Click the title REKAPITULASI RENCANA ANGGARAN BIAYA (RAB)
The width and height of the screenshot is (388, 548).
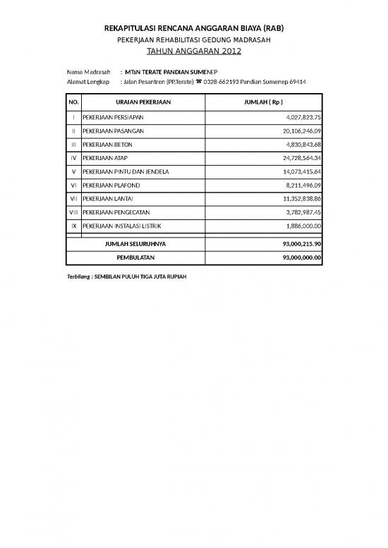[193, 27]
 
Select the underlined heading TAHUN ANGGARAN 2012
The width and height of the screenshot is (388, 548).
[193, 51]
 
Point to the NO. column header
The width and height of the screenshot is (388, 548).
[73, 102]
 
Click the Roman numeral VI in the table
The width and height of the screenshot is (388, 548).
[73, 185]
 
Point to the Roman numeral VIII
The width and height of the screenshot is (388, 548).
[73, 212]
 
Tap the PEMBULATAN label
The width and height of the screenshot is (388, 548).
[135, 257]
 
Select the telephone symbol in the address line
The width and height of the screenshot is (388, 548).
[198, 82]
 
